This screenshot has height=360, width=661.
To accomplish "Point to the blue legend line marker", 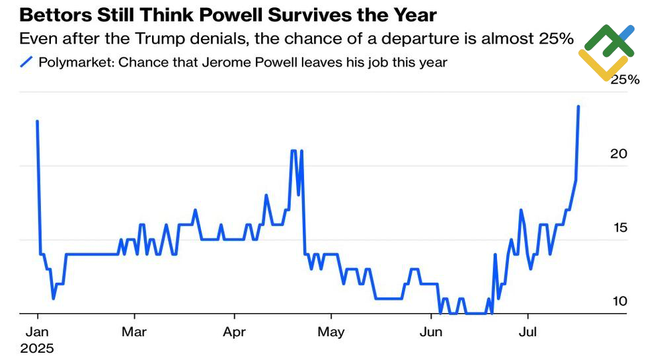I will coord(26,63).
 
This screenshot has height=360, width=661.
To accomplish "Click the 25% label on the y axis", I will coord(625,80).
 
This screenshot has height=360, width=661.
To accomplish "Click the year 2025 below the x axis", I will coord(38,347).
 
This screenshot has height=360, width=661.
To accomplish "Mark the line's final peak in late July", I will coord(579,106).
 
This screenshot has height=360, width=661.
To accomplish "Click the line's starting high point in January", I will coord(37,122).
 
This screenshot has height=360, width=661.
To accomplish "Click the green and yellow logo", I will coord(606,52).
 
